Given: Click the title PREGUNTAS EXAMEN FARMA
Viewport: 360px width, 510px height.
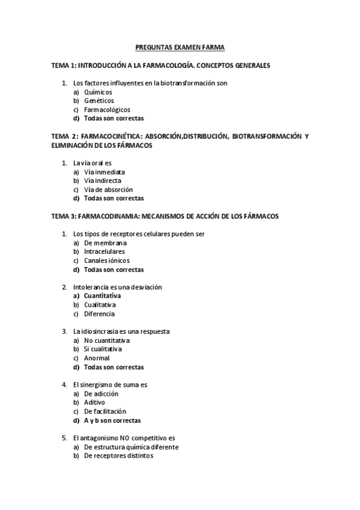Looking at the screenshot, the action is [x=180, y=46].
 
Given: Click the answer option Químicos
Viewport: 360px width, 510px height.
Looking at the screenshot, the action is [x=98, y=92].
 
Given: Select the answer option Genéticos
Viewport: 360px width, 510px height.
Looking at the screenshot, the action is [x=99, y=100].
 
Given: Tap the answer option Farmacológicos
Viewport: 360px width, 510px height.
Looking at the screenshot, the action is [x=107, y=109].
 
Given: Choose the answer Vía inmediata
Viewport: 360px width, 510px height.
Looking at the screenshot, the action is [x=105, y=171].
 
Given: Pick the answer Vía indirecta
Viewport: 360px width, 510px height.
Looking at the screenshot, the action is [x=103, y=180].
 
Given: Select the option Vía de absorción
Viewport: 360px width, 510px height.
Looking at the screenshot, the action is [x=108, y=189].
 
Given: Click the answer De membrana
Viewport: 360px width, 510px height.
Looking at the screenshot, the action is [x=105, y=243].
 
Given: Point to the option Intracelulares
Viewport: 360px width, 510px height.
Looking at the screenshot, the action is [x=105, y=251].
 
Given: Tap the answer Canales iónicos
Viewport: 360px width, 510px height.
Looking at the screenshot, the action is [x=106, y=260].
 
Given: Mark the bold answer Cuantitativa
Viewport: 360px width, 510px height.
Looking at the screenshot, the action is [x=102, y=296].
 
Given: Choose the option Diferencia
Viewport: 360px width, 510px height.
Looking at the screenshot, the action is [x=99, y=314].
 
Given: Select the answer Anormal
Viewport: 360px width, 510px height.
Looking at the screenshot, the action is [x=97, y=358].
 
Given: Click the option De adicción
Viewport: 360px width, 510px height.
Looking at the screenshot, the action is [x=101, y=394].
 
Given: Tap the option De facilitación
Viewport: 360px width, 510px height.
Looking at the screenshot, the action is [x=105, y=411].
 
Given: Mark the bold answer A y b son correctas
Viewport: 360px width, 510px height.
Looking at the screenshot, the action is [x=112, y=420].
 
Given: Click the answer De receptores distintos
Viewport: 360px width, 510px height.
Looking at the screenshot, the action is [x=118, y=456].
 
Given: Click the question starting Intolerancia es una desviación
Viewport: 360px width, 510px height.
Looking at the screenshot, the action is [x=117, y=287].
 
